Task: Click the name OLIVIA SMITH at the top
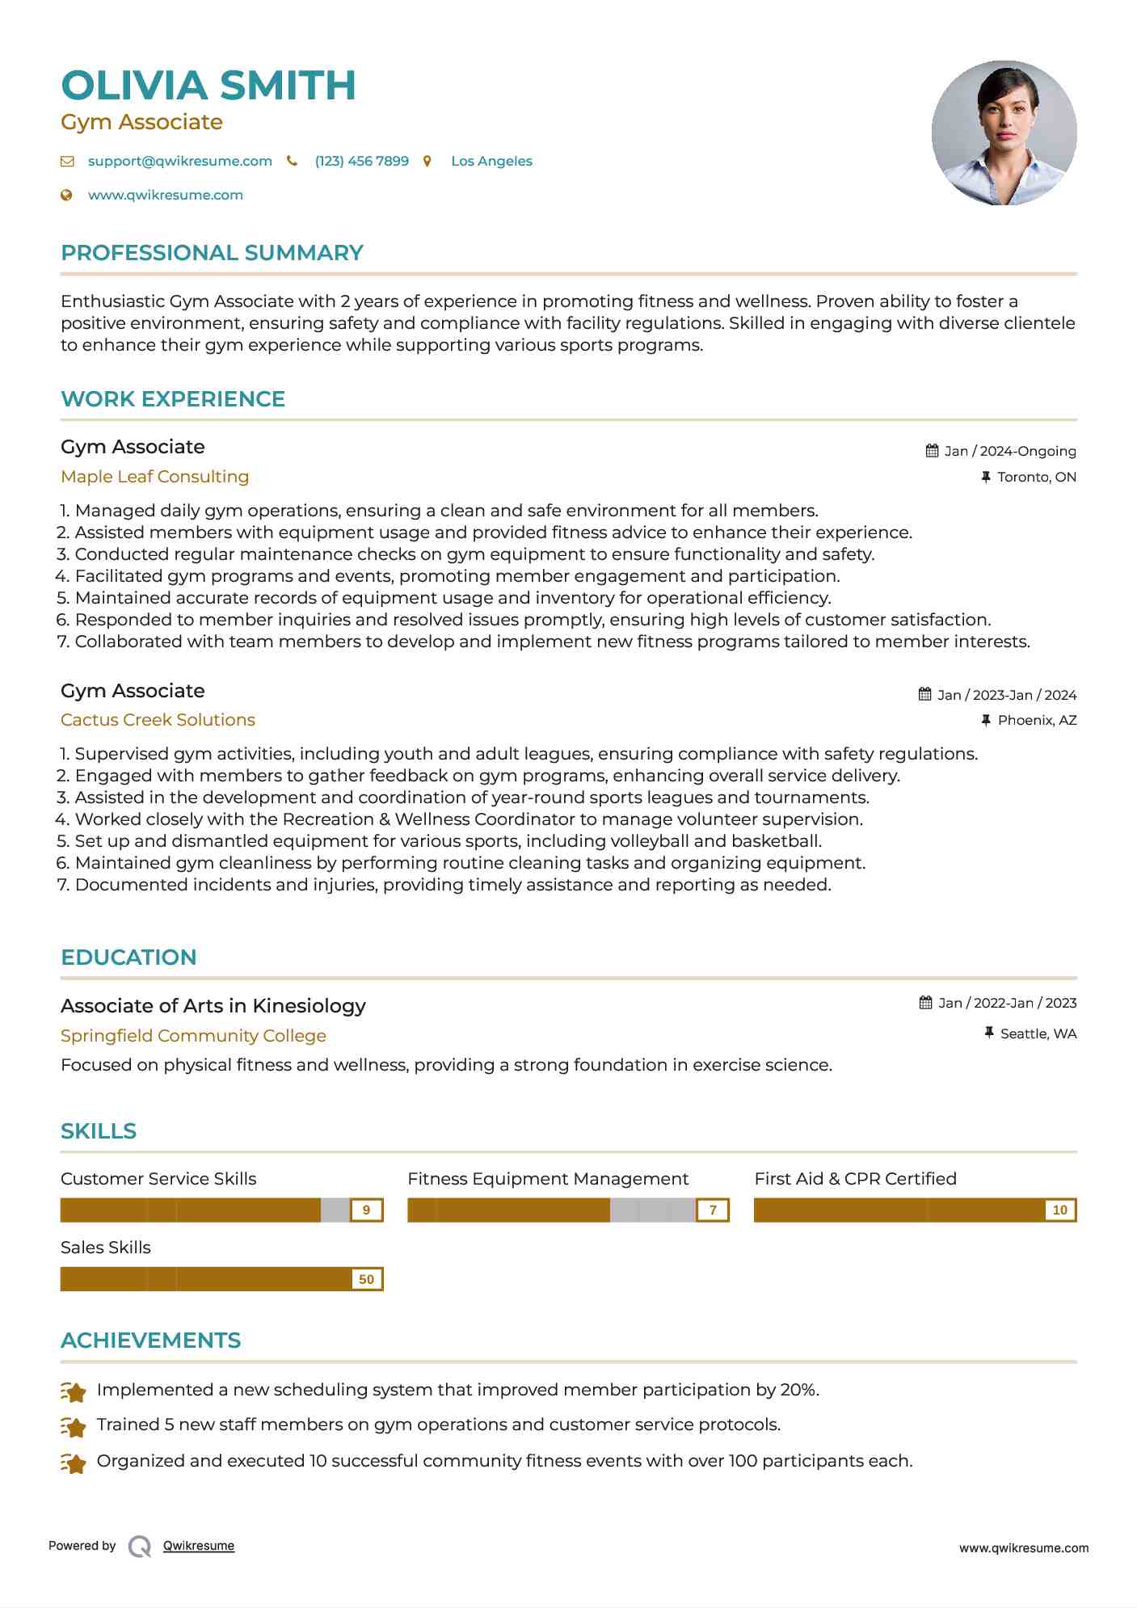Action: point(208,86)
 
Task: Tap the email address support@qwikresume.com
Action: point(179,161)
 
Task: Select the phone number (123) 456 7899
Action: point(361,161)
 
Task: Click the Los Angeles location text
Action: point(491,161)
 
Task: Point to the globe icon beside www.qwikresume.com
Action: point(67,195)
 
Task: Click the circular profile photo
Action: point(1004,133)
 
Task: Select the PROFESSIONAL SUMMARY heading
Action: point(212,253)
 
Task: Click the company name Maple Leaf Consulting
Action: point(154,477)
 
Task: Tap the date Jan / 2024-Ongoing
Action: point(1009,451)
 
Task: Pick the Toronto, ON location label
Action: point(1036,477)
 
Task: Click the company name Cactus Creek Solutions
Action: point(158,720)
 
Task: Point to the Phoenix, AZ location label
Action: point(1037,720)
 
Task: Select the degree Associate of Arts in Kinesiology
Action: point(213,1006)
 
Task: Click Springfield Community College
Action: point(193,1036)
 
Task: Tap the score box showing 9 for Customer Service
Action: point(366,1210)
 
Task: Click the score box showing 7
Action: point(713,1210)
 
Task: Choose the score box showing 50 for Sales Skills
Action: point(366,1279)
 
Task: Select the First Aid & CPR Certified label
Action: point(855,1179)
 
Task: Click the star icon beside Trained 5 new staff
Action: point(74,1427)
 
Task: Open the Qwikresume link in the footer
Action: point(199,1546)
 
